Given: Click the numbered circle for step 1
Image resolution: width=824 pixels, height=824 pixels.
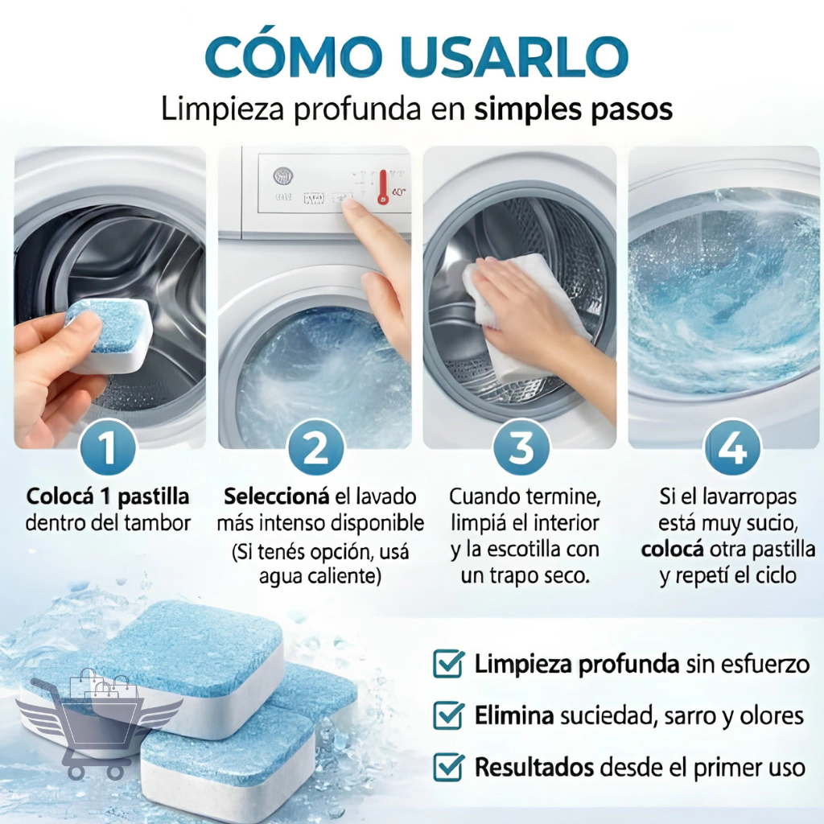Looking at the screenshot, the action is coord(108,448).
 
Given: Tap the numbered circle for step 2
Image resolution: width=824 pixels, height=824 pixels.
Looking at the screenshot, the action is coord(315,448).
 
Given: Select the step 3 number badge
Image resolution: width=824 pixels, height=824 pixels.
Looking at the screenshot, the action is coord(521,448).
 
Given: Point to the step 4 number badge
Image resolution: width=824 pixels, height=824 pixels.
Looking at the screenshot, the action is coord(732,448).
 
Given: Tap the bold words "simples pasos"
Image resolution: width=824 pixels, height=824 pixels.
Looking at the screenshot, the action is coord(573,109).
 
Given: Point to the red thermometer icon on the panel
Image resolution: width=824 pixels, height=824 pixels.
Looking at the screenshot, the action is coord(383,187).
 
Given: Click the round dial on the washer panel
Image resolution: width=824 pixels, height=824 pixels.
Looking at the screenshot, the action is coord(283,175).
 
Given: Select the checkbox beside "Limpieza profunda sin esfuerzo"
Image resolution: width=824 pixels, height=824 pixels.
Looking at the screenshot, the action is coord(448,664).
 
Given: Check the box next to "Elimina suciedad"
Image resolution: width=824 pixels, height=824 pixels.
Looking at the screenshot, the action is coord(448,715).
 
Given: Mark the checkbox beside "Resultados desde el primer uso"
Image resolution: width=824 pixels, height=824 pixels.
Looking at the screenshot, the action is coord(448,767).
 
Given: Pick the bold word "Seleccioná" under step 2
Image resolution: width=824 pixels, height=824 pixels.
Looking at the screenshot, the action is coord(277,496).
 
